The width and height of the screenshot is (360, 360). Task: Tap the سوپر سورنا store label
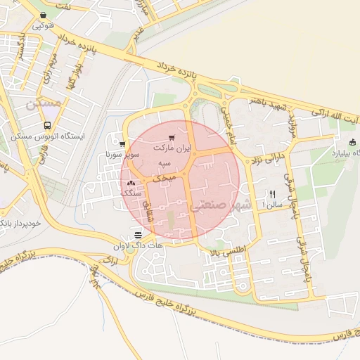126,152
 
